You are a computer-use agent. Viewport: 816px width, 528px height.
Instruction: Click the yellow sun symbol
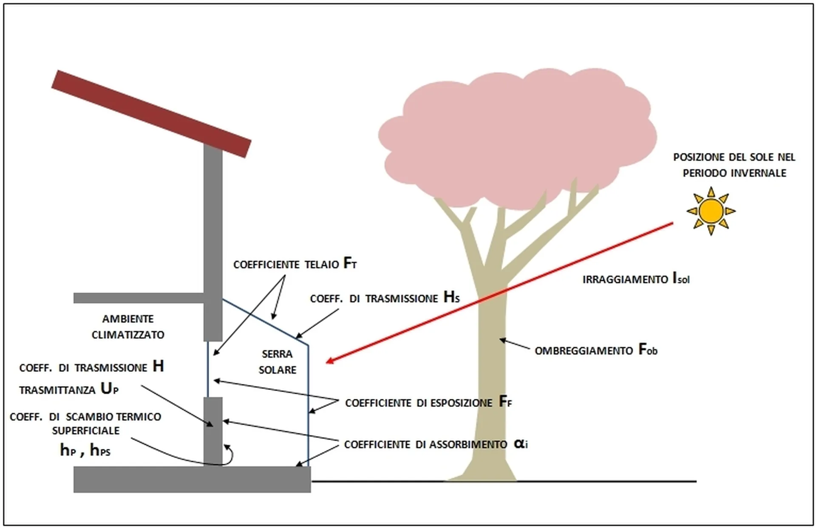[x=711, y=211]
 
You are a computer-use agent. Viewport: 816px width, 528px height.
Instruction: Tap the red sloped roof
[x=151, y=114]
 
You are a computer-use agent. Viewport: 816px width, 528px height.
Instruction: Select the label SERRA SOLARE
[x=277, y=362]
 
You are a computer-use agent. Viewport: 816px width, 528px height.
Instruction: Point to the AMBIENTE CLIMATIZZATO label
[x=128, y=327]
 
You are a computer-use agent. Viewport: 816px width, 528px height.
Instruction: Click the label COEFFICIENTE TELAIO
[x=286, y=265]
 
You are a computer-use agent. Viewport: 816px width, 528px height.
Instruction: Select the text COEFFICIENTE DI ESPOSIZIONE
[x=419, y=403]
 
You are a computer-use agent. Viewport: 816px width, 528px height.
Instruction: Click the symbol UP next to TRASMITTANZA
[x=109, y=389]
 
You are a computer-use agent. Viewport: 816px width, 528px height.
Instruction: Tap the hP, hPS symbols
[x=85, y=450]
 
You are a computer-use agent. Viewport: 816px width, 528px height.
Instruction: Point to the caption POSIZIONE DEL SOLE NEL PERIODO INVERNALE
[x=734, y=165]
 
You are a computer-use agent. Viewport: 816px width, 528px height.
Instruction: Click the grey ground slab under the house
[x=192, y=479]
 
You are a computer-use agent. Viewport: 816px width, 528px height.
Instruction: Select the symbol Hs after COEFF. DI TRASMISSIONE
[x=451, y=297]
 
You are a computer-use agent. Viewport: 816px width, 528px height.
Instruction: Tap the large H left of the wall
[x=158, y=366]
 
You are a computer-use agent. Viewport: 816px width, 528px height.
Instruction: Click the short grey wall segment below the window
[x=213, y=432]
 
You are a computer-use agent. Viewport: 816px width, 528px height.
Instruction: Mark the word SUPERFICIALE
[x=86, y=431]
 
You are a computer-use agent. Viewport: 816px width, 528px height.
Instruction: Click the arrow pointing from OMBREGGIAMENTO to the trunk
[x=515, y=344]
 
